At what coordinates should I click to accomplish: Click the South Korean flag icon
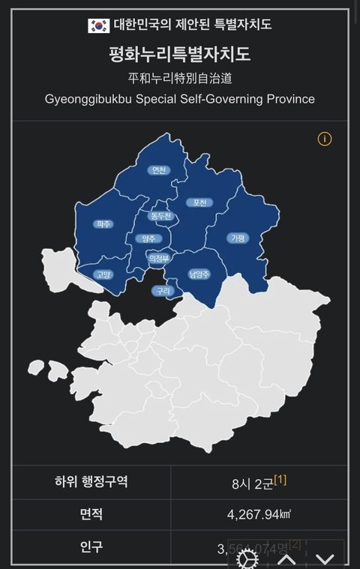pyautogui.click(x=98, y=25)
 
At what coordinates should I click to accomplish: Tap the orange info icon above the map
pyautogui.click(x=325, y=139)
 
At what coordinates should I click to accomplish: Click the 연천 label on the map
pyautogui.click(x=158, y=169)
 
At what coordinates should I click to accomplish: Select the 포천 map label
pyautogui.click(x=200, y=202)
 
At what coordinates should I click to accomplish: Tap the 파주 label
pyautogui.click(x=103, y=224)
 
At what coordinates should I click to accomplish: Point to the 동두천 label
pyautogui.click(x=160, y=216)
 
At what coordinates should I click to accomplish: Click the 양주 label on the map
pyautogui.click(x=149, y=238)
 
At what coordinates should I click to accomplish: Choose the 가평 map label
pyautogui.click(x=237, y=238)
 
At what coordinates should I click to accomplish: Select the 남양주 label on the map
pyautogui.click(x=199, y=274)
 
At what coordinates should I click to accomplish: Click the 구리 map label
pyautogui.click(x=162, y=291)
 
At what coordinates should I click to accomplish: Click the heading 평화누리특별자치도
pyautogui.click(x=179, y=55)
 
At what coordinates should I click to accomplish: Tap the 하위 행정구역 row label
pyautogui.click(x=91, y=481)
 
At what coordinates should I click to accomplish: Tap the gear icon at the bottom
pyautogui.click(x=245, y=559)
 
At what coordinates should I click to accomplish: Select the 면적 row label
pyautogui.click(x=91, y=514)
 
